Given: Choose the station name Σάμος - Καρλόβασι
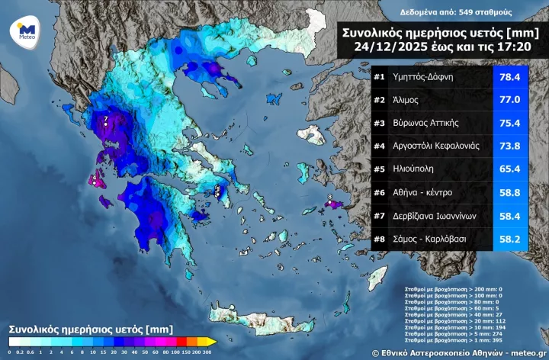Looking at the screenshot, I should pyautogui.click(x=432, y=239).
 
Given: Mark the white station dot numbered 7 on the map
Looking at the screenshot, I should pyautogui.click(x=106, y=122).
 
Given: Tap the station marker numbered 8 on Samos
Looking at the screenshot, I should pyautogui.click(x=329, y=202).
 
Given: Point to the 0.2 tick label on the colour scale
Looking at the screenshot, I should pyautogui.click(x=18, y=352).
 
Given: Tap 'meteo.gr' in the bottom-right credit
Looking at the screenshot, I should pyautogui.click(x=525, y=353).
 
